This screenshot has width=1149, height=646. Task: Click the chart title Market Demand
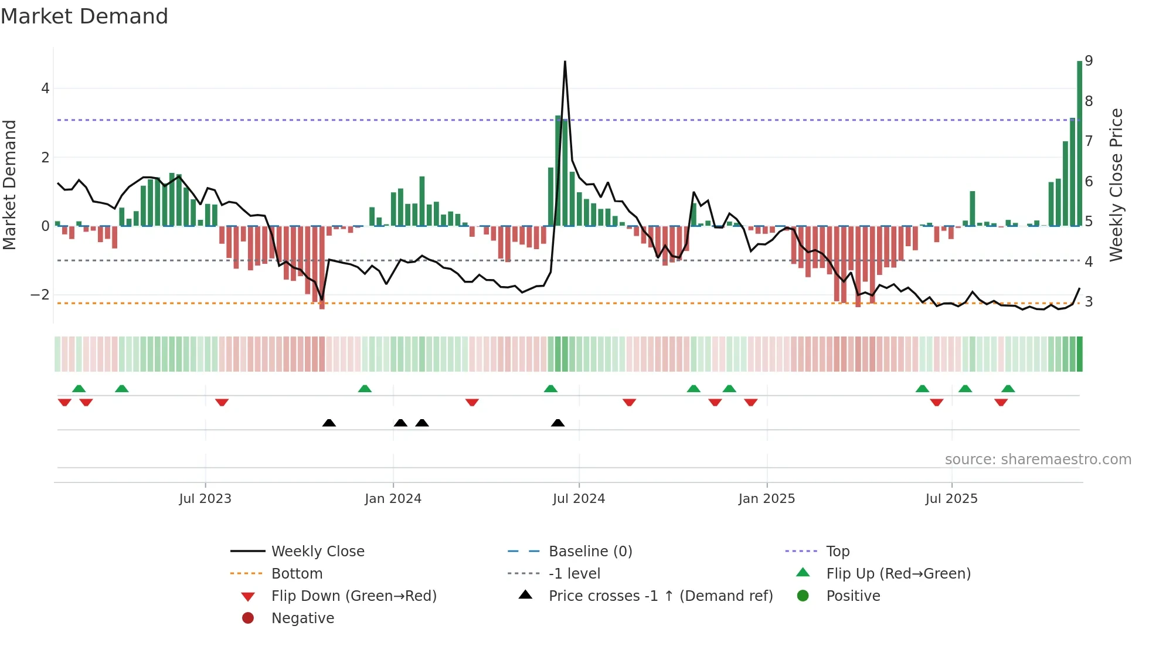(x=84, y=16)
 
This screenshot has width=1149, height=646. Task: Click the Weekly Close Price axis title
(x=1116, y=185)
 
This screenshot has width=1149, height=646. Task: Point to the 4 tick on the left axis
(x=45, y=89)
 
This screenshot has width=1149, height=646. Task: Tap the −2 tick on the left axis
(x=40, y=295)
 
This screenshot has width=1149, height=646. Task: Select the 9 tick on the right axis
(x=1089, y=60)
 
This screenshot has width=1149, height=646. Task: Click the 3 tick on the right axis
(x=1089, y=302)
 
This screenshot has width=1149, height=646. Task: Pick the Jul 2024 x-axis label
(x=579, y=499)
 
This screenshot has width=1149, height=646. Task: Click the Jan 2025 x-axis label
(x=766, y=499)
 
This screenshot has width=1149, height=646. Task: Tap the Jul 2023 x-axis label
(x=205, y=499)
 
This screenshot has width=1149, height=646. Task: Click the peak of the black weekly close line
(x=565, y=62)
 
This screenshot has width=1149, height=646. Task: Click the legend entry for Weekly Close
(x=317, y=552)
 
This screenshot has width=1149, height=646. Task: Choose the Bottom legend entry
(x=297, y=574)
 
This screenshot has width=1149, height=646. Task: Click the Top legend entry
(x=838, y=552)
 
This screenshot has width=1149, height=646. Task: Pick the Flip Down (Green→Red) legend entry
(x=353, y=596)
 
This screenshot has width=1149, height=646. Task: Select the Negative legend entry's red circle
(x=248, y=618)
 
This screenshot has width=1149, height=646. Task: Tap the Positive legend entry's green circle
(x=803, y=596)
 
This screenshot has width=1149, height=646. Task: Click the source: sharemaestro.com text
(x=1038, y=460)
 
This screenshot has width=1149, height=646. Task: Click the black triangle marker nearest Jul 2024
(x=558, y=423)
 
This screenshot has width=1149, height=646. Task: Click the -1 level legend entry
(x=574, y=574)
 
